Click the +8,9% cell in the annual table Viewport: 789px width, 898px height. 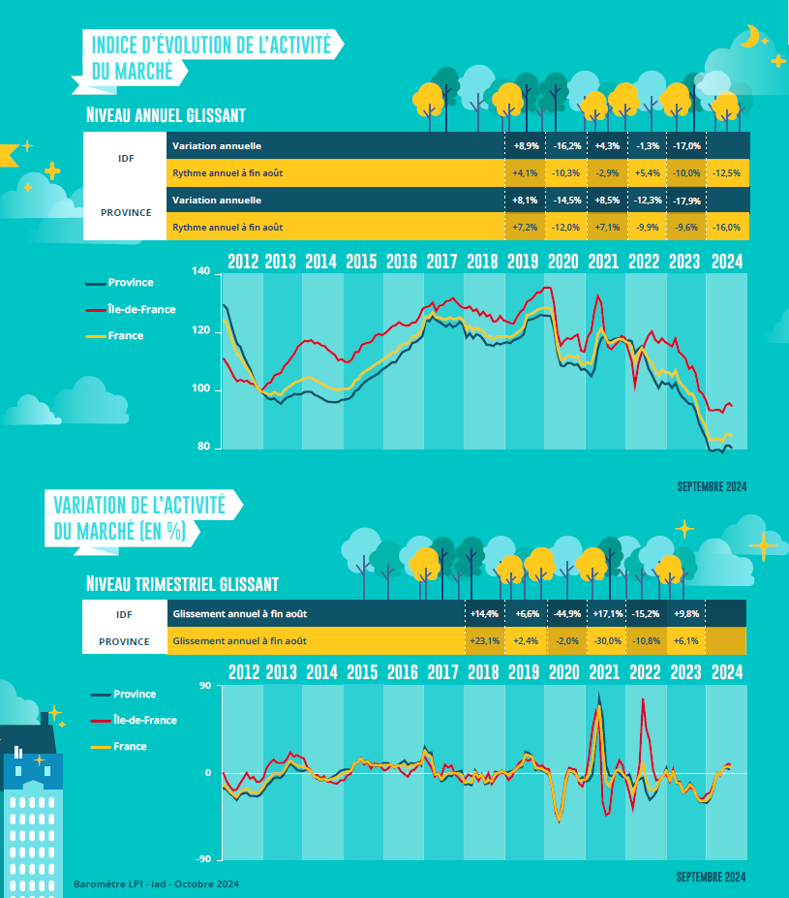pyautogui.click(x=524, y=145)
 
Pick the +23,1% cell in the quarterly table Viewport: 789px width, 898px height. pyautogui.click(x=484, y=640)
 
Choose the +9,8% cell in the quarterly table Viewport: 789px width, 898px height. pyautogui.click(x=685, y=614)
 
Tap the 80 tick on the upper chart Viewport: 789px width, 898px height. pyautogui.click(x=203, y=448)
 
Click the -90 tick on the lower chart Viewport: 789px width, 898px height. pyautogui.click(x=203, y=859)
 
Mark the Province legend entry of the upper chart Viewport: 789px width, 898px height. pyautogui.click(x=131, y=282)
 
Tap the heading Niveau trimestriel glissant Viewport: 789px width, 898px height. pyautogui.click(x=182, y=584)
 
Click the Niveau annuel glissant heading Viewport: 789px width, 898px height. pyautogui.click(x=166, y=114)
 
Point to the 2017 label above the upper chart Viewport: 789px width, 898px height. pyautogui.click(x=441, y=261)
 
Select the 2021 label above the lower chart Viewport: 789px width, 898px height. pyautogui.click(x=603, y=672)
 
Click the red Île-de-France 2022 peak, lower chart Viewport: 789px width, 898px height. pyautogui.click(x=643, y=699)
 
